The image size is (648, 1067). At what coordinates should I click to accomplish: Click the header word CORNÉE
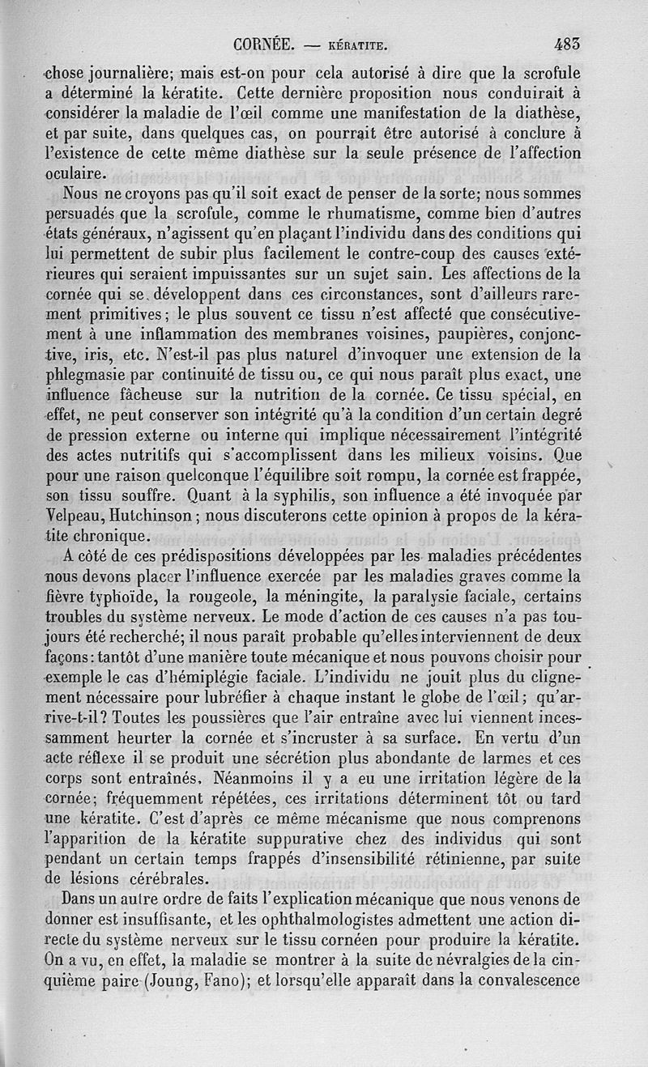tap(263, 47)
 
